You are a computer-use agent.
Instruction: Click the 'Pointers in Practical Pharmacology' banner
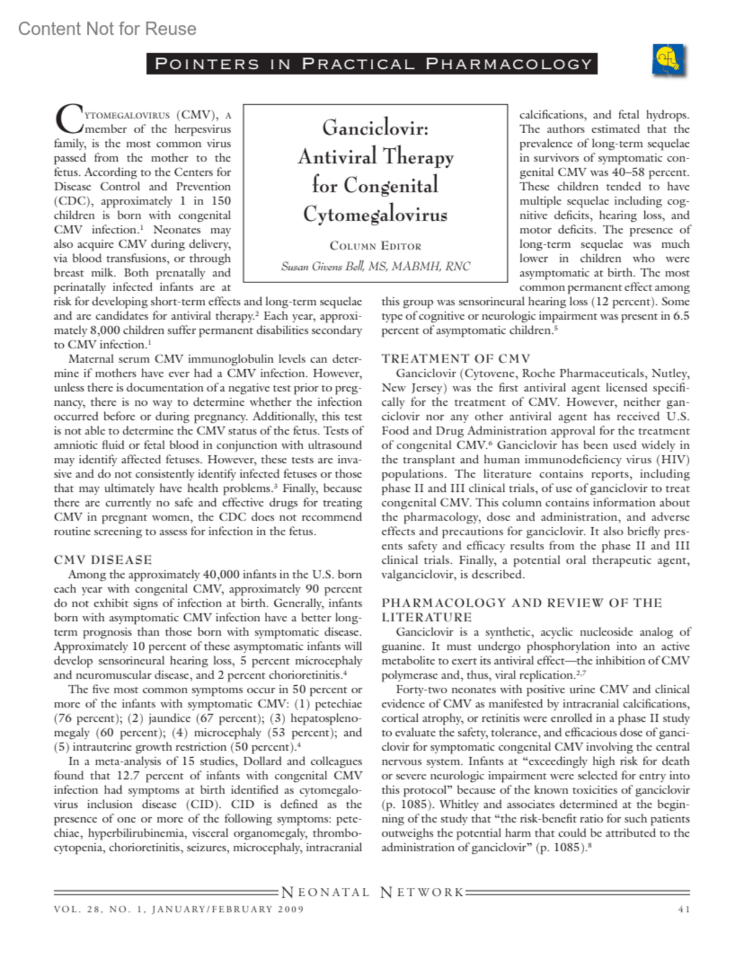coord(372,64)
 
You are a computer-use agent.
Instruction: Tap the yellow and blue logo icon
coord(668,61)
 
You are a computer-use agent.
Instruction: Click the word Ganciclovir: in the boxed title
coord(375,128)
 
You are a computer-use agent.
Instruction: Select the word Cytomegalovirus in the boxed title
coord(375,214)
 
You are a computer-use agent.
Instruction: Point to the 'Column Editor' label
coord(375,246)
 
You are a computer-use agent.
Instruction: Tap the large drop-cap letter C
coord(68,120)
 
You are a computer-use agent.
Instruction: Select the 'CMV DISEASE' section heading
coord(103,560)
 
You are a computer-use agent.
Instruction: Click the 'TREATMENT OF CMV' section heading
coord(456,359)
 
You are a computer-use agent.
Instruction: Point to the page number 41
coord(683,909)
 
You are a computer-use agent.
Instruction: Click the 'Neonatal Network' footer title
coord(372,893)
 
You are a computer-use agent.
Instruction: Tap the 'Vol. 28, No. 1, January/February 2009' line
coord(179,909)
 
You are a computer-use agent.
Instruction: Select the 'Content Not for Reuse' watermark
coord(107,28)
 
